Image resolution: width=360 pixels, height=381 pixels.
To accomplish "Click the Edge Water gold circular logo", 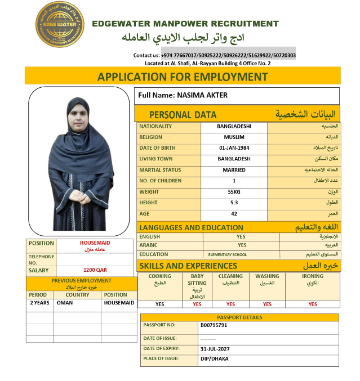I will tap(59, 24).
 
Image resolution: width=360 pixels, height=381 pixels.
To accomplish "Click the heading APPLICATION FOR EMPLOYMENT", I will tap(183, 77).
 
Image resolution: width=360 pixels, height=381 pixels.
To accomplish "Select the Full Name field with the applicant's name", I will tap(237, 96).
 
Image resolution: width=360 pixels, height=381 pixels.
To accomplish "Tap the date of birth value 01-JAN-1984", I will tap(234, 148).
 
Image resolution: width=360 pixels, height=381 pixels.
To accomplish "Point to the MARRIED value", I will tap(234, 170).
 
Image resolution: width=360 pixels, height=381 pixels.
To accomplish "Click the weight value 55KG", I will tap(234, 192).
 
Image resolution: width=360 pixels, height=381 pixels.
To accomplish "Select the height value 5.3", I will tap(234, 203).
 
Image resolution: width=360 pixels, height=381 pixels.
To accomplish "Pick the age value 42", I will tap(234, 214).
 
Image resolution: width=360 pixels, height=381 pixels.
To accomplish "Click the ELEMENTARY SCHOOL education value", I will tap(228, 255).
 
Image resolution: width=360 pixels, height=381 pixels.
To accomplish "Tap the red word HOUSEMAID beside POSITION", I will tap(95, 243).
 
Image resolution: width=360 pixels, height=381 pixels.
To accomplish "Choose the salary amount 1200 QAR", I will tap(95, 270).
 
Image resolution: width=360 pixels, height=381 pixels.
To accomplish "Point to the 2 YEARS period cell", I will tap(39, 303).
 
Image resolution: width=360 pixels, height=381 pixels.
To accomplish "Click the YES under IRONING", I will tap(313, 304).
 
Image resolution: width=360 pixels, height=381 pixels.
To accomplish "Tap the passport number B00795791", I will tap(214, 325).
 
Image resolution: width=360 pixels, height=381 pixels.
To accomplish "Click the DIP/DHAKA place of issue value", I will tap(214, 358).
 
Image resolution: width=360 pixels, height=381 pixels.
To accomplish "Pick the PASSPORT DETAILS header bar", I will tap(239, 317).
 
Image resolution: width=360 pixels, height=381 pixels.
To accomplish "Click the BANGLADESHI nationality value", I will tap(234, 126).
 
